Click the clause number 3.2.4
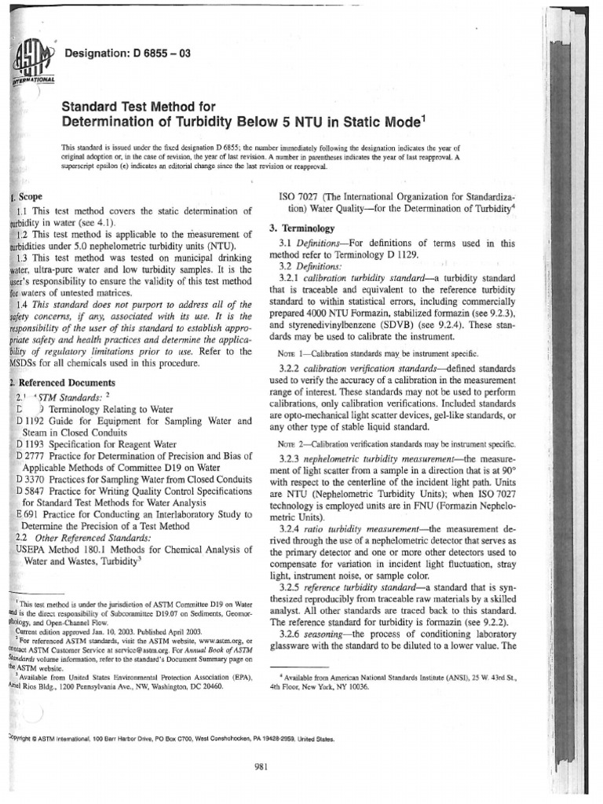pyautogui.click(x=293, y=530)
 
